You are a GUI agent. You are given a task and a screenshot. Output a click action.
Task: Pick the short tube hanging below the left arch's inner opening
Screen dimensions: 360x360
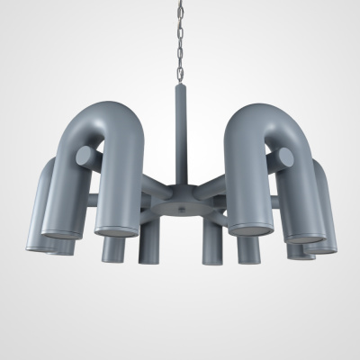coord(112,247)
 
